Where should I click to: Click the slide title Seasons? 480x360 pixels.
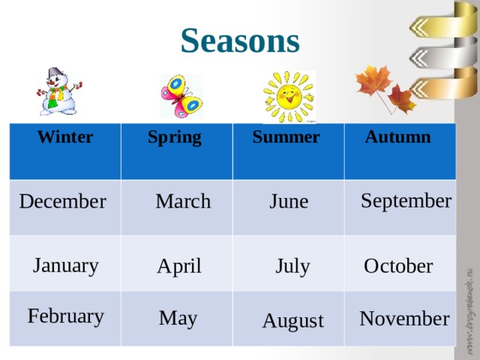point(240,40)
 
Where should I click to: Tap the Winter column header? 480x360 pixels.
point(65,137)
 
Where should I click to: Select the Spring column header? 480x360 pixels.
point(174,137)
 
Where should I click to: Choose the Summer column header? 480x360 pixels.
point(286,137)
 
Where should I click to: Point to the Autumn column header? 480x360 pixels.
point(397,137)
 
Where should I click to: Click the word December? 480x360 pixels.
point(62,202)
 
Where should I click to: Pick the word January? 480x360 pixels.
point(66,265)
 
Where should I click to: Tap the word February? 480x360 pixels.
point(65,316)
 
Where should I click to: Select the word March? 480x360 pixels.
point(183,202)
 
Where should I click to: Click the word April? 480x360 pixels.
point(179,266)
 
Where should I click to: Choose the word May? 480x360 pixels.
point(178,319)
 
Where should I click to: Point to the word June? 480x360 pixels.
point(289,202)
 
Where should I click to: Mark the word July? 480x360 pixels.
point(292,266)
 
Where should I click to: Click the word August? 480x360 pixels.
point(293,322)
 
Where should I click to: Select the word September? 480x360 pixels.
point(406,201)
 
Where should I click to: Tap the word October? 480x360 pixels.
point(397,266)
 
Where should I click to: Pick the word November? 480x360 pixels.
point(404,319)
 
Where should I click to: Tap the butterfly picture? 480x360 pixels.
point(181,96)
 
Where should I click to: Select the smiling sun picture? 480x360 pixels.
point(289,96)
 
